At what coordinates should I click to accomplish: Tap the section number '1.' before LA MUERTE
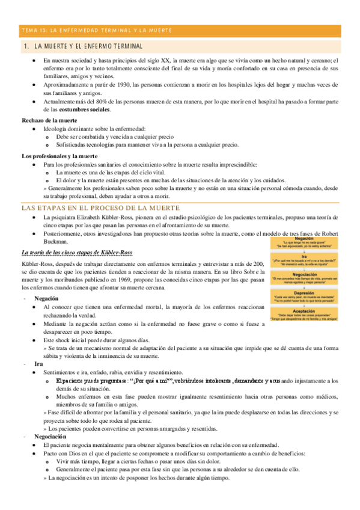point(25,46)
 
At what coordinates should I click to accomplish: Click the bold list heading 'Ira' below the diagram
point(39,364)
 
